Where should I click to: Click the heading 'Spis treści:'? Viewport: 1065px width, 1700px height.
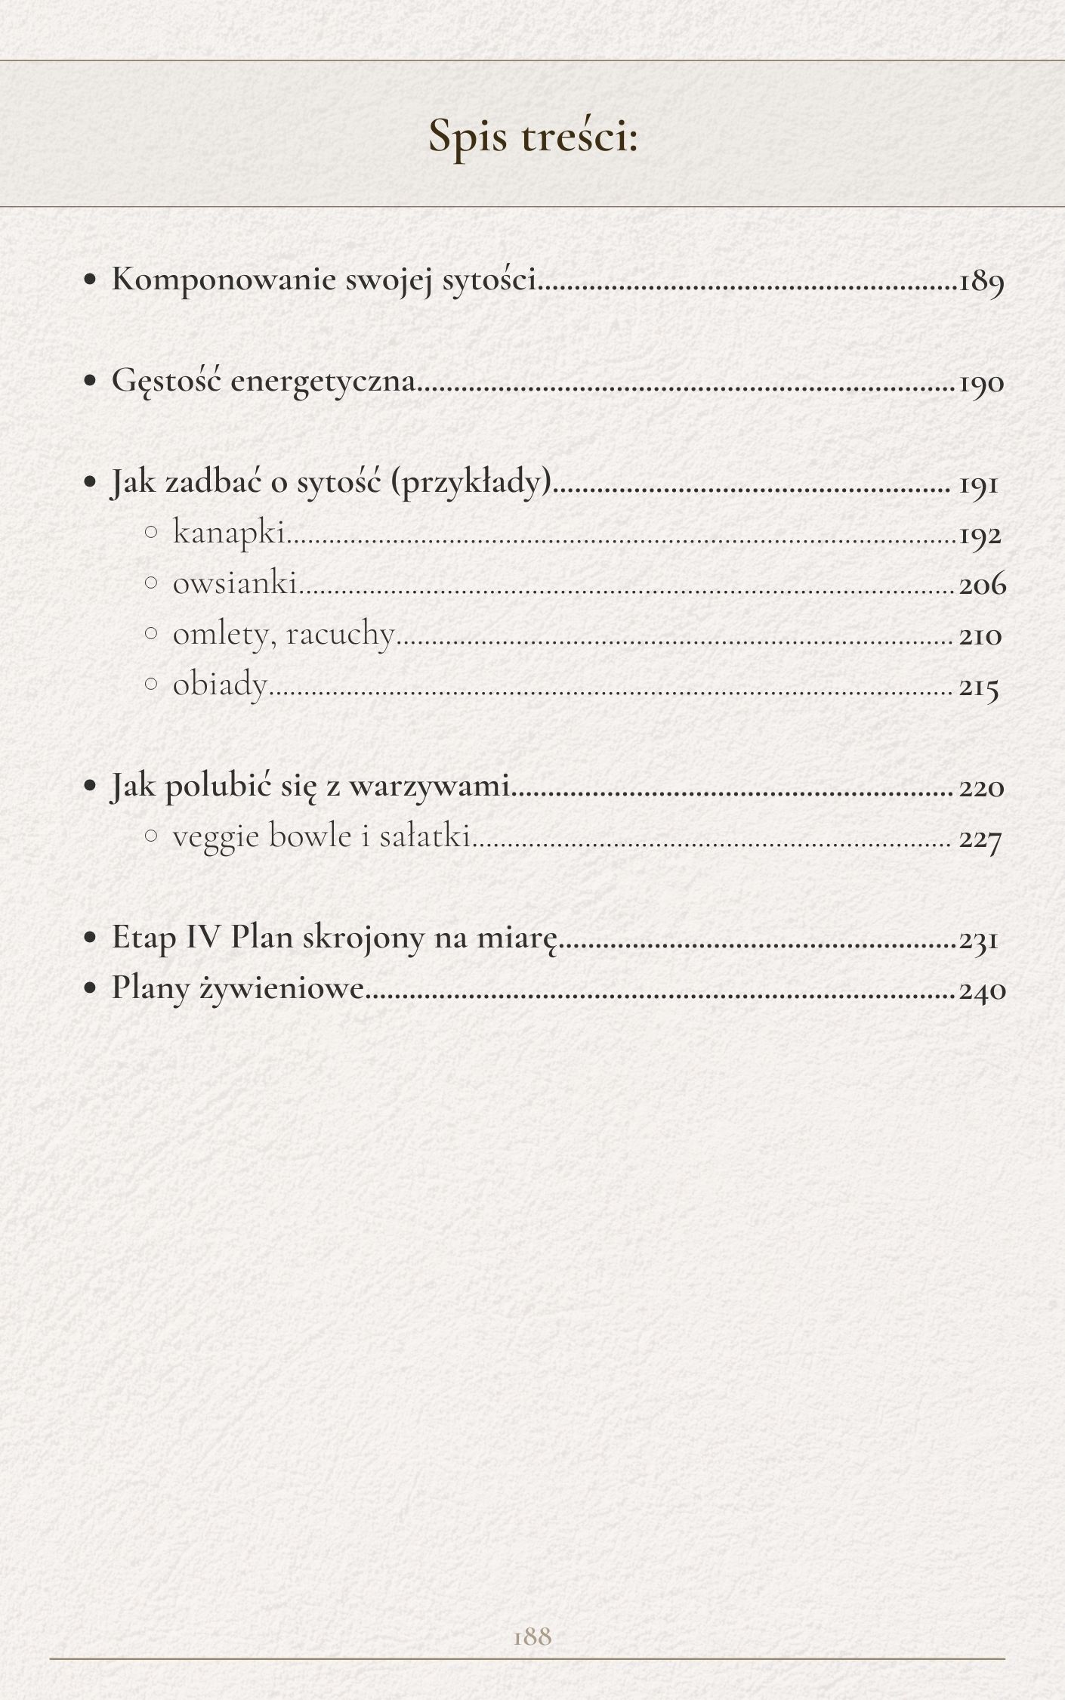(533, 137)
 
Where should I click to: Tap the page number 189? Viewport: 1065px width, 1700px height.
(981, 282)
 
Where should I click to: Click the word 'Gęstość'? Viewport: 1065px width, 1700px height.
(166, 381)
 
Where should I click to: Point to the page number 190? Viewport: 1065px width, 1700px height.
(981, 383)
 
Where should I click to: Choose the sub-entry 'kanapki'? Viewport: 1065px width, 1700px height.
(228, 533)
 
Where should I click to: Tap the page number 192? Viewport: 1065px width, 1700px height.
(980, 536)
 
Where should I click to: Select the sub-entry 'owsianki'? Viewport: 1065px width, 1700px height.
(234, 583)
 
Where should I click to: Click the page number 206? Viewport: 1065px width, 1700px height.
(983, 585)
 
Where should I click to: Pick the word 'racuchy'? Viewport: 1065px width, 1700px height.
(340, 635)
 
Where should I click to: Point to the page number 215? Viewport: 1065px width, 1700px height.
(979, 688)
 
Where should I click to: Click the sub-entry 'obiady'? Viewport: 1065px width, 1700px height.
(220, 685)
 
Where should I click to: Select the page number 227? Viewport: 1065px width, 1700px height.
(980, 839)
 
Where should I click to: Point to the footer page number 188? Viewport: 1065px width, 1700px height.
(532, 1636)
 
